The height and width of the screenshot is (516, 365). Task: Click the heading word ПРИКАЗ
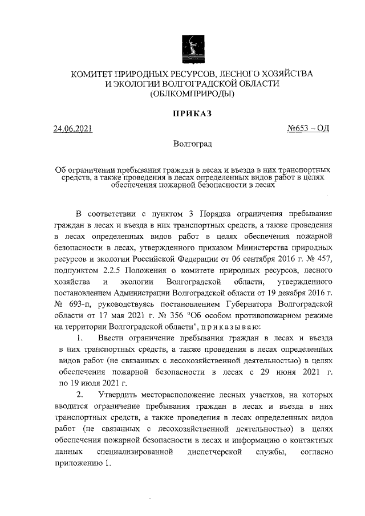click(x=192, y=113)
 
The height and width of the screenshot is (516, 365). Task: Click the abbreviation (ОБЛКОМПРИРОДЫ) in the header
click(x=192, y=94)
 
